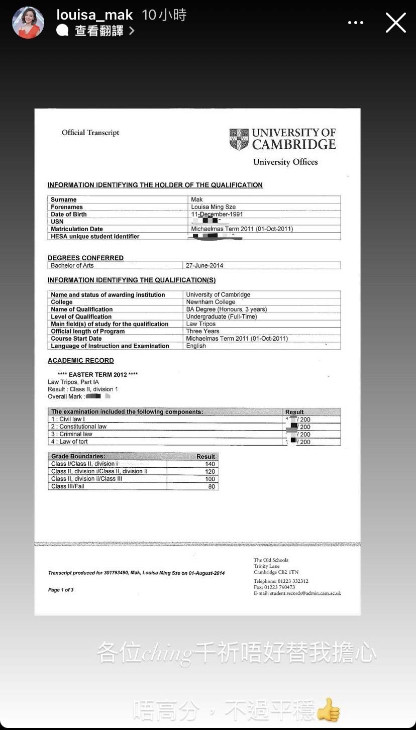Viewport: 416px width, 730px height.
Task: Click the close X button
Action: pyautogui.click(x=395, y=23)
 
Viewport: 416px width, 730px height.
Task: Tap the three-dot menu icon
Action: pyautogui.click(x=356, y=23)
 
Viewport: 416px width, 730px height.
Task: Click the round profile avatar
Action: pyautogui.click(x=28, y=23)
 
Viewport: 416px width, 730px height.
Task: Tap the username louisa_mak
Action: pyautogui.click(x=94, y=15)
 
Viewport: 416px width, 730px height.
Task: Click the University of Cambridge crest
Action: pyautogui.click(x=239, y=139)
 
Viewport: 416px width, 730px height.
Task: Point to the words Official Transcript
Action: pyautogui.click(x=90, y=133)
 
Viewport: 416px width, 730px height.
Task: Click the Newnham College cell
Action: pyautogui.click(x=211, y=302)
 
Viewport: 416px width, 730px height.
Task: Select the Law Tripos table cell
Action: pyautogui.click(x=201, y=324)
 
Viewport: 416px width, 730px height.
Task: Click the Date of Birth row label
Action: pyautogui.click(x=69, y=215)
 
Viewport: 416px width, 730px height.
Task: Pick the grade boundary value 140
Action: pyautogui.click(x=210, y=464)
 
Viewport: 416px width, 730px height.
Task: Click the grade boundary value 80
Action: pyautogui.click(x=212, y=486)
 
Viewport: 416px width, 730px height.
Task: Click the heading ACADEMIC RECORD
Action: pyautogui.click(x=81, y=361)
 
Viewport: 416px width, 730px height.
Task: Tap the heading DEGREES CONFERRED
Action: pyautogui.click(x=85, y=258)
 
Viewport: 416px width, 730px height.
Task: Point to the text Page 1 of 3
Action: pyautogui.click(x=61, y=590)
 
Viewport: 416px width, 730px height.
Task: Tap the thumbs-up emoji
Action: pyautogui.click(x=328, y=709)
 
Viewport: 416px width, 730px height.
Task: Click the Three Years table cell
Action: pyautogui.click(x=202, y=331)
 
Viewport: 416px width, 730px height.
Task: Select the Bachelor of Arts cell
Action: pyautogui.click(x=72, y=265)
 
